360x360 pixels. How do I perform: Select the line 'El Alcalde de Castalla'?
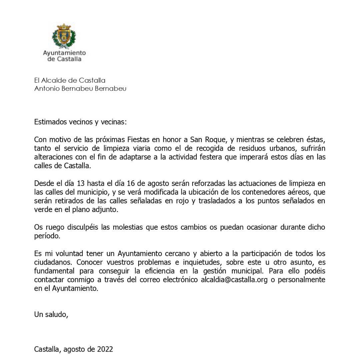coord(70,80)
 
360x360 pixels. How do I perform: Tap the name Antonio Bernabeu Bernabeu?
coord(80,89)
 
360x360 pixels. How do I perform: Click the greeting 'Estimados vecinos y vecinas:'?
coord(81,122)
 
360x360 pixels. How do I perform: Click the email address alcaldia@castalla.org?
coord(234,280)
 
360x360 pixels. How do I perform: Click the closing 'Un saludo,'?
coord(51,314)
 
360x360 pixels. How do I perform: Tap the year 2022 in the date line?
coord(105,349)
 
